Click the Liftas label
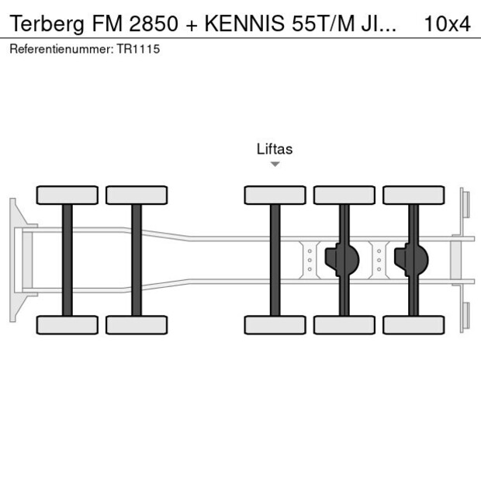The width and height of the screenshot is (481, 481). pyautogui.click(x=275, y=149)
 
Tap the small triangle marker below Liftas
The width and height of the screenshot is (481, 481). pyautogui.click(x=275, y=164)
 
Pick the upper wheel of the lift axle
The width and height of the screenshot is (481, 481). pyautogui.click(x=275, y=195)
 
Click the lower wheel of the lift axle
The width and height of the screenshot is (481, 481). pyautogui.click(x=275, y=324)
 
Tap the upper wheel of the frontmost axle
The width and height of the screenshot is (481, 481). pyautogui.click(x=67, y=195)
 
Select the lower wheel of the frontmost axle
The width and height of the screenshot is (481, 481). pyautogui.click(x=67, y=324)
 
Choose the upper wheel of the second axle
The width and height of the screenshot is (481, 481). pyautogui.click(x=137, y=195)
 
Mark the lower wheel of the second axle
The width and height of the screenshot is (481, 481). pyautogui.click(x=137, y=324)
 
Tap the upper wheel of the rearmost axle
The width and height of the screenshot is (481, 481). pyautogui.click(x=414, y=195)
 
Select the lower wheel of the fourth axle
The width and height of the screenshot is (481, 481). pyautogui.click(x=344, y=324)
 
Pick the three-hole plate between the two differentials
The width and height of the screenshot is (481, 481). pyautogui.click(x=379, y=260)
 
